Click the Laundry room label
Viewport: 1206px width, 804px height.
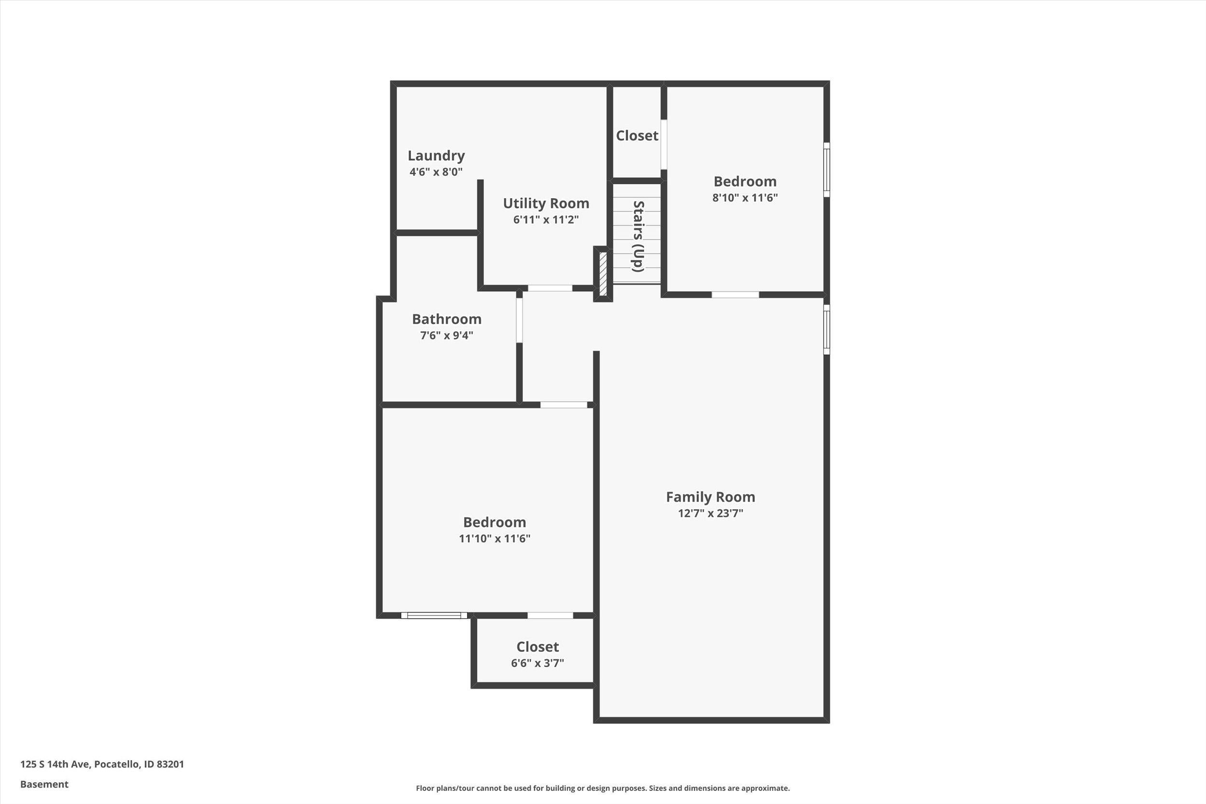pyautogui.click(x=436, y=155)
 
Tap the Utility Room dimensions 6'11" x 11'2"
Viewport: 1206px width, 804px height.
pyautogui.click(x=546, y=219)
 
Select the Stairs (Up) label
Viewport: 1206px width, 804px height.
pyautogui.click(x=638, y=236)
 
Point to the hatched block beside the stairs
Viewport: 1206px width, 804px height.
pyautogui.click(x=603, y=274)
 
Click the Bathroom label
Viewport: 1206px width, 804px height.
pyautogui.click(x=447, y=319)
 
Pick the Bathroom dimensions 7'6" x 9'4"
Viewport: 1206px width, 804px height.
pyautogui.click(x=447, y=335)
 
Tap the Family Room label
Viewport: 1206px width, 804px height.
pyautogui.click(x=710, y=497)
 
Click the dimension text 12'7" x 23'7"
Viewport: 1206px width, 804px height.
pyautogui.click(x=710, y=513)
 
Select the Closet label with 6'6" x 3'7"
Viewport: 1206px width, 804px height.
pyautogui.click(x=537, y=647)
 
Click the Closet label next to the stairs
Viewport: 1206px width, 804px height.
pyautogui.click(x=637, y=136)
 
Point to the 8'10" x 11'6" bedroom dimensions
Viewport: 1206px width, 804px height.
pyautogui.click(x=744, y=197)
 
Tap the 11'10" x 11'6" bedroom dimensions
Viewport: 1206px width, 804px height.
pyautogui.click(x=494, y=538)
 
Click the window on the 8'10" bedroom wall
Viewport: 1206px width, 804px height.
pyautogui.click(x=826, y=170)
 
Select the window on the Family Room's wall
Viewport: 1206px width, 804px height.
pyautogui.click(x=826, y=329)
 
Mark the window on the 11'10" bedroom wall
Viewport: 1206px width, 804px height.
pyautogui.click(x=434, y=615)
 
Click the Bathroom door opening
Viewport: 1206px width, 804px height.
pyautogui.click(x=519, y=320)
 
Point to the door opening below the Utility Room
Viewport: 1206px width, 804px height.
pyautogui.click(x=549, y=288)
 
